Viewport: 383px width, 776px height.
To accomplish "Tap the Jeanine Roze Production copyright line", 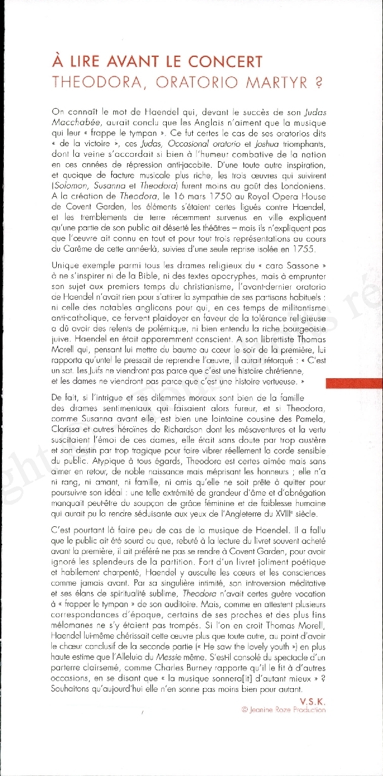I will click(x=284, y=710).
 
